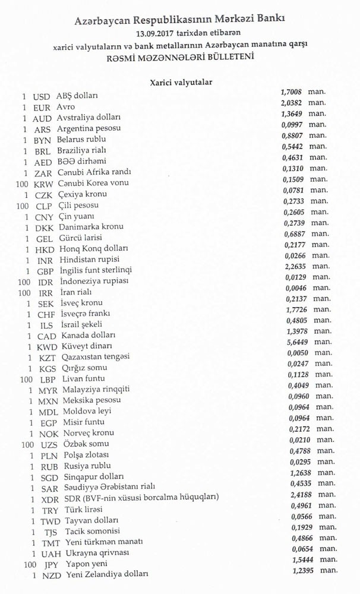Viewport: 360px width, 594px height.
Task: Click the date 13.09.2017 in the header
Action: point(155,33)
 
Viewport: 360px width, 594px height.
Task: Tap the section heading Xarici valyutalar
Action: point(181,83)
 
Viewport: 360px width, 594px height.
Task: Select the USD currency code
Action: point(42,96)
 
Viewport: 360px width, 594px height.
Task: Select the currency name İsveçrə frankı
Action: point(86,314)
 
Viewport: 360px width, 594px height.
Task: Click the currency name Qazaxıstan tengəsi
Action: point(93,357)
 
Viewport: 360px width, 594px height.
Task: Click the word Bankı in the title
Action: point(270,19)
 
